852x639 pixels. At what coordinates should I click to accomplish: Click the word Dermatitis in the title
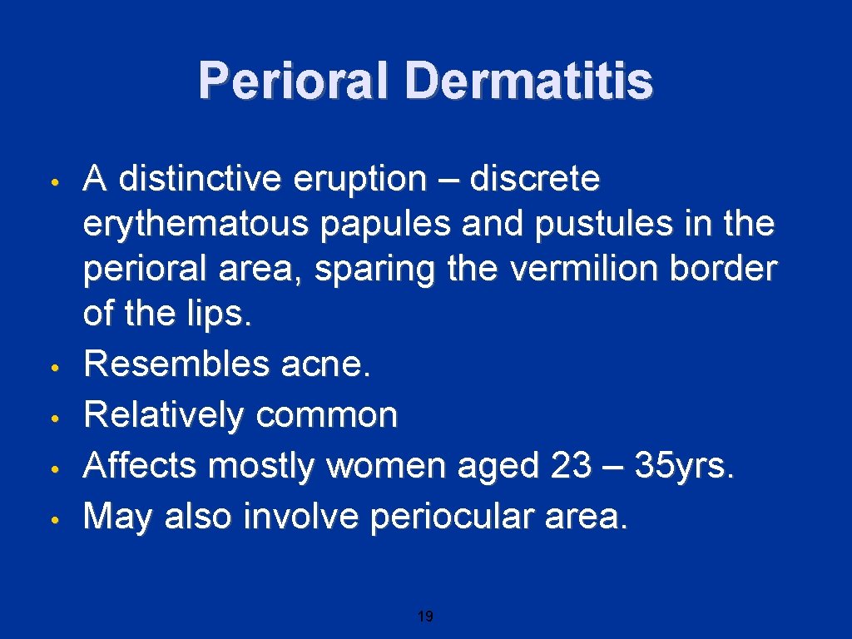tap(529, 82)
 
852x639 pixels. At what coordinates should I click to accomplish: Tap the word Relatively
tap(163, 414)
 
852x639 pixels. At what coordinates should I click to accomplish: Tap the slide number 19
tap(425, 617)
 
